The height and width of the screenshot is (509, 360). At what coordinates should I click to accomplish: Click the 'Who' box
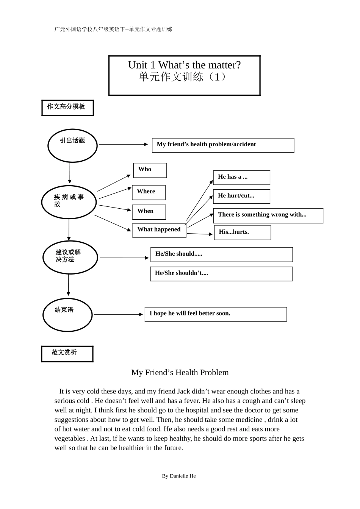150,170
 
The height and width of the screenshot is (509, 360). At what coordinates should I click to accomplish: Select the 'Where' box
149,192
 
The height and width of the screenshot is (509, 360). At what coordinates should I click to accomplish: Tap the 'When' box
149,212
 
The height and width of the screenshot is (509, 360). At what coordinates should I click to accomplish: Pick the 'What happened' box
159,230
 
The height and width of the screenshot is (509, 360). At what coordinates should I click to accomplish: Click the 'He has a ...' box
241,178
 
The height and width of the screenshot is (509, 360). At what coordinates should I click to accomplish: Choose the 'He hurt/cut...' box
241,197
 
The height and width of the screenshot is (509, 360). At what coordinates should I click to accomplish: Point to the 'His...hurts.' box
243,233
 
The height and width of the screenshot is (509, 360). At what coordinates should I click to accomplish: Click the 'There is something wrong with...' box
268,215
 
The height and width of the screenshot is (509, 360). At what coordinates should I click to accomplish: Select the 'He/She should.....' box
221,254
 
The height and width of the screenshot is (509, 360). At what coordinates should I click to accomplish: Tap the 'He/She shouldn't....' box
221,274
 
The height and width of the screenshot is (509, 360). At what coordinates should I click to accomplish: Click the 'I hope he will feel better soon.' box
216,314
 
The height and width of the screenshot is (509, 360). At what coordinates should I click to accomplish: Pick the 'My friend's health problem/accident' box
223,145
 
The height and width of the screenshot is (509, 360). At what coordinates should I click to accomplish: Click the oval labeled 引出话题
72,145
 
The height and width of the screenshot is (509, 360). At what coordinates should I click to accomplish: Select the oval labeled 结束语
67,315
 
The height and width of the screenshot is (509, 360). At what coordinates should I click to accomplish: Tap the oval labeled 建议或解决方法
70,257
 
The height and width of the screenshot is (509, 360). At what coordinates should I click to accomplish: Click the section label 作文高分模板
67,108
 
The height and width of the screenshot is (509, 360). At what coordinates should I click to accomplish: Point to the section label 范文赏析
67,354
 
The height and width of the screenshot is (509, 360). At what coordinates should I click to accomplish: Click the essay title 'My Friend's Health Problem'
180,372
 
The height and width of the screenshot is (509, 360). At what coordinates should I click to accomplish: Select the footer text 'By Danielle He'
179,476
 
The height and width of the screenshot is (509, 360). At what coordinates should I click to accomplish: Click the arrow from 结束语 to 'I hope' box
118,314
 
